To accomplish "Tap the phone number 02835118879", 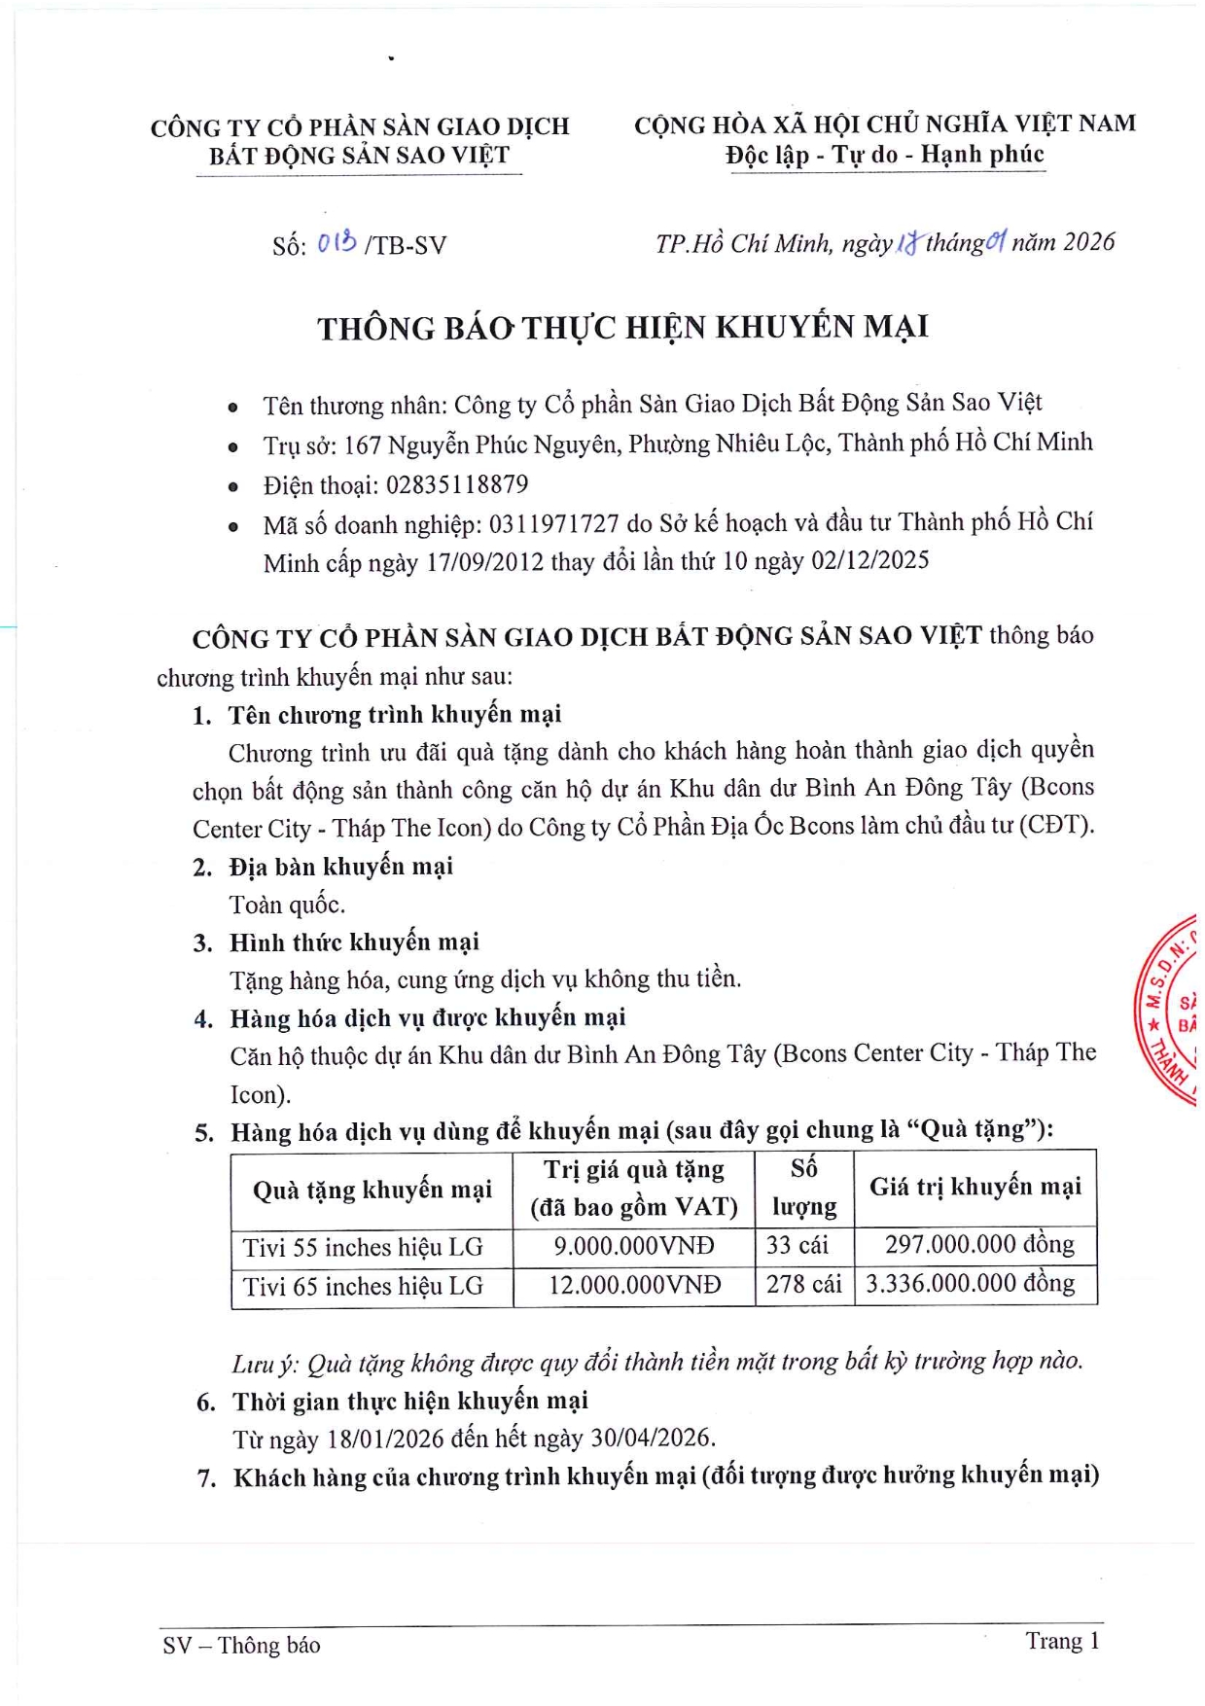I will [x=457, y=484].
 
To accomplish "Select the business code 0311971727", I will [x=553, y=523].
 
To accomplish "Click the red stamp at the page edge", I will [x=1170, y=1011].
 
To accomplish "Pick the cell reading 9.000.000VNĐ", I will [x=633, y=1246].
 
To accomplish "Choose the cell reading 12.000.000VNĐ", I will [x=634, y=1285].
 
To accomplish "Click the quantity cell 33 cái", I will [x=797, y=1245].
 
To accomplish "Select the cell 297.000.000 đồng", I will [x=978, y=1244].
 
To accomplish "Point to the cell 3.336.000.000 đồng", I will [x=970, y=1284].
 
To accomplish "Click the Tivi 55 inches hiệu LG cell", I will [x=363, y=1247].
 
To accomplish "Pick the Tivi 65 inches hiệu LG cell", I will [x=363, y=1286].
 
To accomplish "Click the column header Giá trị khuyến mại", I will [x=975, y=1187].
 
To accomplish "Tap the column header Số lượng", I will [x=803, y=1187].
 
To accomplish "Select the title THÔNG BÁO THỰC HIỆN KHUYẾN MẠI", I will [x=622, y=328].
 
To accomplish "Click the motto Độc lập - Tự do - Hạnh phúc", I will [x=884, y=155].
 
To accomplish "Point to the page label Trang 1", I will [x=1062, y=1641].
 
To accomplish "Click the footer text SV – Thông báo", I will [x=241, y=1645].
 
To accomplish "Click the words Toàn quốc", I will [x=287, y=905].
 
